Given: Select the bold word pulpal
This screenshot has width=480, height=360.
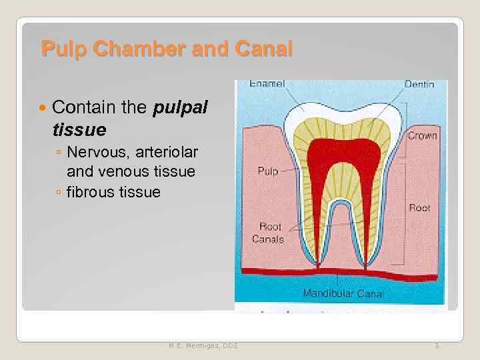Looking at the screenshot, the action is pyautogui.click(x=181, y=107).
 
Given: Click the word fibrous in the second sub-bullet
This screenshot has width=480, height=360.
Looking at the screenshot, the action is pyautogui.click(x=91, y=193).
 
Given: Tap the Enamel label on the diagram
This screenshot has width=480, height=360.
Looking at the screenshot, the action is pyautogui.click(x=267, y=84).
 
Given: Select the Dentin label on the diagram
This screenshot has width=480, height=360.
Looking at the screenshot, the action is pyautogui.click(x=419, y=85).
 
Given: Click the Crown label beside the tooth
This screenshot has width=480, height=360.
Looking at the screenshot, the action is pyautogui.click(x=422, y=135).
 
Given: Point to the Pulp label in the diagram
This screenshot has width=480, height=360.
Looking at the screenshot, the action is pyautogui.click(x=267, y=171).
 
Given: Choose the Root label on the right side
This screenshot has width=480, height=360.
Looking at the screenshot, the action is pyautogui.click(x=419, y=208).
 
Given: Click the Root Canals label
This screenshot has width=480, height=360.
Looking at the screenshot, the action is pyautogui.click(x=267, y=233).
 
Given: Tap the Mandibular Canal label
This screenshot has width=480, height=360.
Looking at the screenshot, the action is pyautogui.click(x=343, y=293).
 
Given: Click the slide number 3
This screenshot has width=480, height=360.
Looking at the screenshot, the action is pyautogui.click(x=437, y=345).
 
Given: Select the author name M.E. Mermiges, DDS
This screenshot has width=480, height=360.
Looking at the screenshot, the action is pyautogui.click(x=203, y=345).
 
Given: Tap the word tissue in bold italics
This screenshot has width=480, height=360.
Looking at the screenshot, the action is pyautogui.click(x=79, y=127).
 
